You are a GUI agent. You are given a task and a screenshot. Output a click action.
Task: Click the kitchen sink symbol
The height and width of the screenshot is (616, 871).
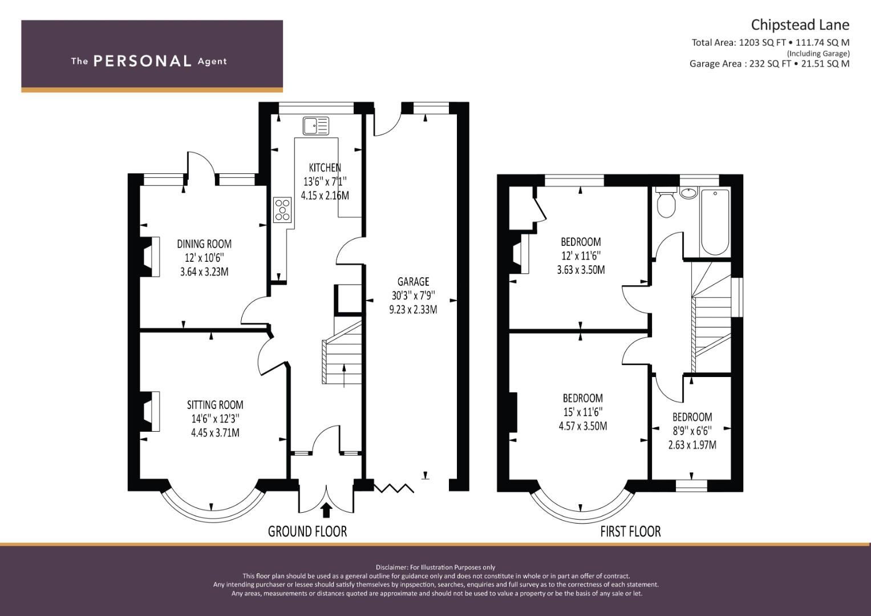tap(316, 125)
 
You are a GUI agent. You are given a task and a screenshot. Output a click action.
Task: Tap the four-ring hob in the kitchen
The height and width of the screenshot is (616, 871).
tap(282, 209)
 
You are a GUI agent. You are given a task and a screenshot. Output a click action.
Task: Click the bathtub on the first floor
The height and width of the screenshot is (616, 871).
tap(714, 222)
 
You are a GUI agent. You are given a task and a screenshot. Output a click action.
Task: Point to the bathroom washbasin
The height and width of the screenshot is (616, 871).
tap(688, 193)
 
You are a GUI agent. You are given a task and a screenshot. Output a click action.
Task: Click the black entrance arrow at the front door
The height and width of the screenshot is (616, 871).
tap(326, 509)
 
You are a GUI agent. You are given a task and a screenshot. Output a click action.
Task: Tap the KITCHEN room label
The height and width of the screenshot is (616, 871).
tap(325, 168)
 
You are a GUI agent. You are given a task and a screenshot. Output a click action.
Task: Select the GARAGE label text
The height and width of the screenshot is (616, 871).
tap(413, 282)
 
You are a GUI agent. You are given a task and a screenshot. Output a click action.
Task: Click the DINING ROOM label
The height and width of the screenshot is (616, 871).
tap(204, 244)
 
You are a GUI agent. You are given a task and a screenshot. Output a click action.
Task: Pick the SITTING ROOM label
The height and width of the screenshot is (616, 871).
tap(215, 405)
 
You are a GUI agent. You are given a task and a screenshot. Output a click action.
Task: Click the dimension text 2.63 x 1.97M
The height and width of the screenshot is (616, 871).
tap(692, 445)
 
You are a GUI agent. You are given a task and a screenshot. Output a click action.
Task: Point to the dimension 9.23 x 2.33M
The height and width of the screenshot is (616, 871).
tap(414, 310)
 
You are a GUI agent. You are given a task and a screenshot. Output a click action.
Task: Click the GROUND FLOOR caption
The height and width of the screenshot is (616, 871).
tap(307, 532)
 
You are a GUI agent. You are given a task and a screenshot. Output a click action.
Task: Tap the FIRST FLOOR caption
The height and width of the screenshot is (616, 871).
tap(630, 532)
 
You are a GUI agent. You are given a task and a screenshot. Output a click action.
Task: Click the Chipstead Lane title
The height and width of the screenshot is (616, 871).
tap(800, 25)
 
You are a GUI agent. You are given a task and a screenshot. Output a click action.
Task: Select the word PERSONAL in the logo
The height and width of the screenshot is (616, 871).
tap(142, 61)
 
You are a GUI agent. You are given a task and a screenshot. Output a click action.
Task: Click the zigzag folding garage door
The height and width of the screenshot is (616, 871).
tap(394, 488)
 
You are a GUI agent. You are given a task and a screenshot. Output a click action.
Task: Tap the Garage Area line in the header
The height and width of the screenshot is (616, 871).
tap(769, 64)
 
